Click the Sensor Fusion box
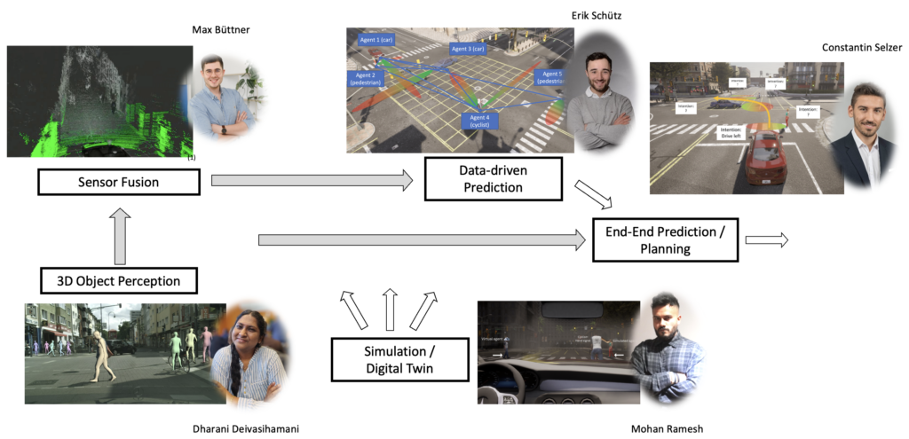[x=117, y=182]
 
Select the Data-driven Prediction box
[x=492, y=178]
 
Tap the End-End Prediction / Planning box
[x=665, y=239]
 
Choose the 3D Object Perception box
[x=119, y=281]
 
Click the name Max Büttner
[x=223, y=30]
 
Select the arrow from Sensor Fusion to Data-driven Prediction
[x=312, y=181]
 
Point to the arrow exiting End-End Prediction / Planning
[x=766, y=239]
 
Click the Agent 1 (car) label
[x=375, y=41]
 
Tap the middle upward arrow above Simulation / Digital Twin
[x=388, y=309]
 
